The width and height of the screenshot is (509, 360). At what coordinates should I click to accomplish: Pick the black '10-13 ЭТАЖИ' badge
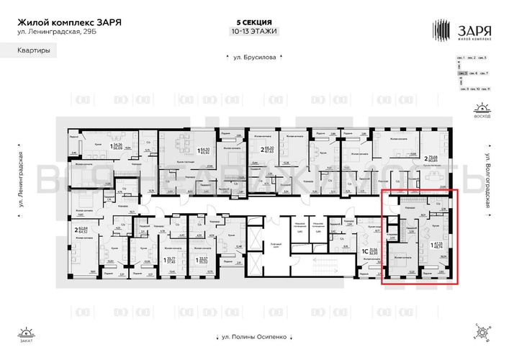(253, 32)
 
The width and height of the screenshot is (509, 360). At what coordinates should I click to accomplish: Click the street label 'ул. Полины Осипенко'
(253, 336)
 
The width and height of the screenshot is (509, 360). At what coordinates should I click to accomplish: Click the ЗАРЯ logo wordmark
(472, 30)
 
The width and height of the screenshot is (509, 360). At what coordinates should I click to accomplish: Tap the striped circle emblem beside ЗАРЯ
(441, 30)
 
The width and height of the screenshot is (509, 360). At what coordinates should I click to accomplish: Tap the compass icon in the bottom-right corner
(481, 333)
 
